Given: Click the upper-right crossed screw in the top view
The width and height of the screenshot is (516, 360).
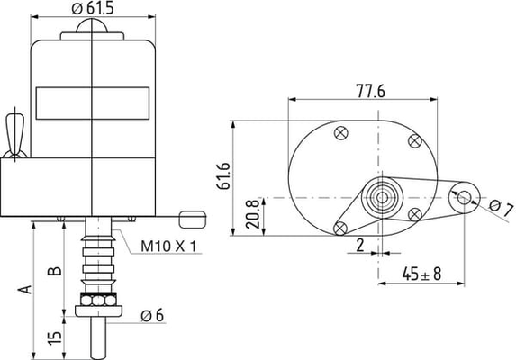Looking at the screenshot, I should coord(414,140).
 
